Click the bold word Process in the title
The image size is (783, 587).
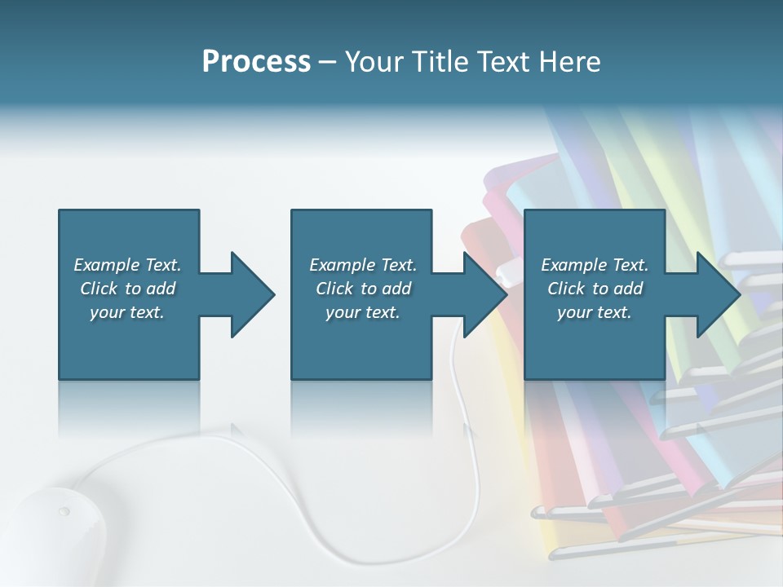[256, 62]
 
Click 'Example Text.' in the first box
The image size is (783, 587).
[127, 265]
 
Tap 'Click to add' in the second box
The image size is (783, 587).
[363, 289]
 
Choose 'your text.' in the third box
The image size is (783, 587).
[595, 312]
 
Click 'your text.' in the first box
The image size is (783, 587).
[127, 312]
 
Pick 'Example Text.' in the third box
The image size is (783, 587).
[595, 265]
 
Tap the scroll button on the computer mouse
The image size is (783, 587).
[64, 512]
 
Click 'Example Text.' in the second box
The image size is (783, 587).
[363, 265]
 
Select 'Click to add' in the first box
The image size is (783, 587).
[127, 289]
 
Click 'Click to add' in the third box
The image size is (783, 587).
[595, 289]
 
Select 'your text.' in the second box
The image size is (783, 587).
[363, 312]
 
